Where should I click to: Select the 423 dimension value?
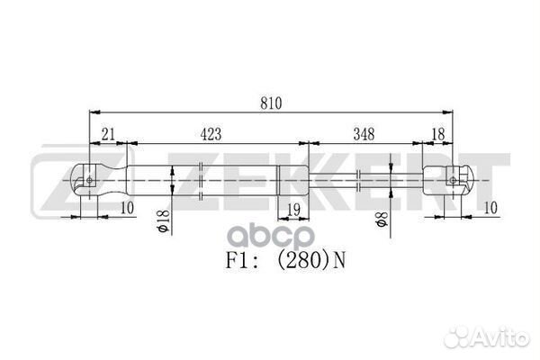pyautogui.click(x=209, y=135)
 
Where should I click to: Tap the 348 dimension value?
pyautogui.click(x=364, y=135)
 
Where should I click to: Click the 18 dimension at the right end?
pyautogui.click(x=437, y=135)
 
